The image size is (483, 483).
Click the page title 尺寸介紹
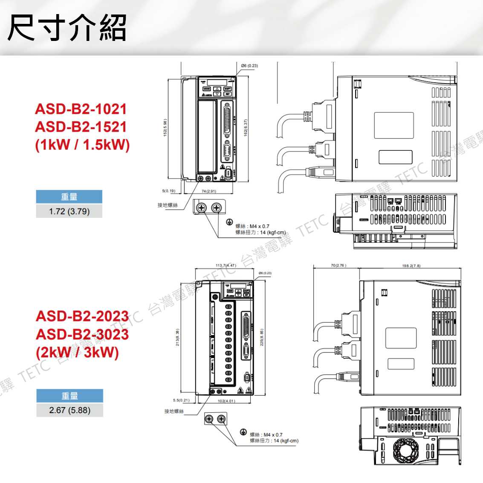67,28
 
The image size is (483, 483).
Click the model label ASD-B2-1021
81,109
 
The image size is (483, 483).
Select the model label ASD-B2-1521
81,127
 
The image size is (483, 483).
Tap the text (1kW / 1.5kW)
82,145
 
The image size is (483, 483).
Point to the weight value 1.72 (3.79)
69,211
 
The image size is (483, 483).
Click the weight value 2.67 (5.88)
69,410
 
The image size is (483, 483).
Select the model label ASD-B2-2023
82,316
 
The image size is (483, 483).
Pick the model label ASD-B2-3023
82,334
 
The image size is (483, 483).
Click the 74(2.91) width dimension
208,191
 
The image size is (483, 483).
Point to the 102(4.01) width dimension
226,401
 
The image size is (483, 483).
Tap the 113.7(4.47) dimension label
226,266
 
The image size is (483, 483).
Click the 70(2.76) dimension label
338,266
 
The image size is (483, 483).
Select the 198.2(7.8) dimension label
411,266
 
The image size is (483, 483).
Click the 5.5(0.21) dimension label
181,400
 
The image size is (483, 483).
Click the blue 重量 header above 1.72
69,197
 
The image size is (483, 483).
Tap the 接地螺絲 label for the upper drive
168,205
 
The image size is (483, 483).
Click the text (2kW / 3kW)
77,353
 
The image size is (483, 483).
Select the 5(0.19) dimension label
168,191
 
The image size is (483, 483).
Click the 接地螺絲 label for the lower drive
174,411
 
